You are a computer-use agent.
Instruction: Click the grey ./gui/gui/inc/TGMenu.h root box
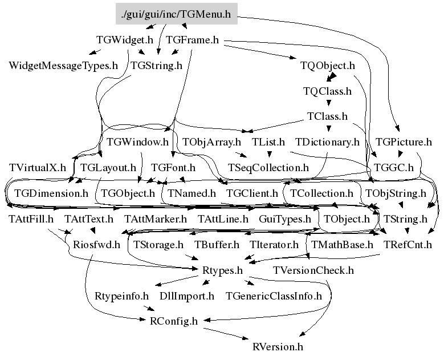(x=177, y=14)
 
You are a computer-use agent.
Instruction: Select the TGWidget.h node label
(x=125, y=40)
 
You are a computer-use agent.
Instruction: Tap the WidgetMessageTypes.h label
(x=63, y=66)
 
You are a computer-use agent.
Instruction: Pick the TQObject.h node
(x=328, y=66)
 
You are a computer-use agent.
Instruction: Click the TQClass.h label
(x=327, y=91)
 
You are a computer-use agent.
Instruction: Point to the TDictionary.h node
(x=327, y=141)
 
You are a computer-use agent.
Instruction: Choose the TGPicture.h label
(x=404, y=141)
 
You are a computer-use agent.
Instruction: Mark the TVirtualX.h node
(x=38, y=168)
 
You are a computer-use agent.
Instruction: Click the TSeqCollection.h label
(x=268, y=168)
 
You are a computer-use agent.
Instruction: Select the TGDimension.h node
(x=51, y=193)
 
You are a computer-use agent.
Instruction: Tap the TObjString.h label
(x=396, y=193)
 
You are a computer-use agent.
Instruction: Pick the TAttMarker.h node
(x=156, y=219)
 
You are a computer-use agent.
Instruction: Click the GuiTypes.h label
(x=285, y=219)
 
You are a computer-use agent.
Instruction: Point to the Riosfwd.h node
(x=96, y=245)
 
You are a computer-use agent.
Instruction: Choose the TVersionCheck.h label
(x=313, y=270)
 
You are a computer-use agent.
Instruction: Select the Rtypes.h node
(x=222, y=270)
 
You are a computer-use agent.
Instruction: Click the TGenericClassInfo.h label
(x=274, y=296)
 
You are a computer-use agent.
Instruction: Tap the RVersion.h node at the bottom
(x=278, y=347)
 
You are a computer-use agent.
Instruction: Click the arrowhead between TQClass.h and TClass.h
(x=328, y=103)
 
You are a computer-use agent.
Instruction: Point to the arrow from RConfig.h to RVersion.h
(x=226, y=333)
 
